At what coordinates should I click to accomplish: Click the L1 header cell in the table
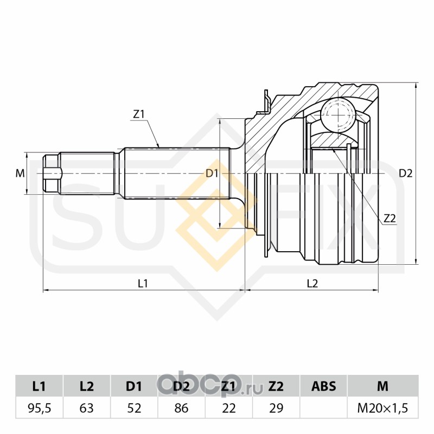tap(39, 386)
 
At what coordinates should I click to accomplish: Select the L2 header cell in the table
tap(87, 386)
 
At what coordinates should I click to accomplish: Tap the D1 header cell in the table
tap(134, 386)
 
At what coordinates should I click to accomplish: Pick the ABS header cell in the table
tap(324, 386)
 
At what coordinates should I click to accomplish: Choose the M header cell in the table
tap(382, 386)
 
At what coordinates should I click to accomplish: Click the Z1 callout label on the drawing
tap(138, 114)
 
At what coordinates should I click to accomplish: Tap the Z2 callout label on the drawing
tap(390, 219)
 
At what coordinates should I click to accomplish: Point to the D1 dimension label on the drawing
tap(212, 174)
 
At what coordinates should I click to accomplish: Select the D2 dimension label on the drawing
tap(406, 174)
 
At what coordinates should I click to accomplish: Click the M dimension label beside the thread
tap(20, 174)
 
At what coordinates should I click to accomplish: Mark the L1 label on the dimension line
tap(143, 283)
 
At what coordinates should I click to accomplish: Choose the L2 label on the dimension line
tap(312, 283)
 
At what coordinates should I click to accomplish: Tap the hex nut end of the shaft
tap(51, 174)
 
